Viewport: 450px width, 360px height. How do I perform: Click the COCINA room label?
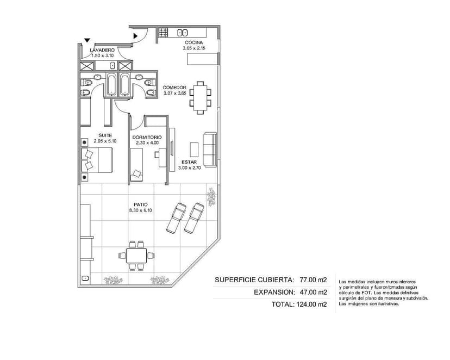(193, 43)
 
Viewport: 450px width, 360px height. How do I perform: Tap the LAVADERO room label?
(102, 50)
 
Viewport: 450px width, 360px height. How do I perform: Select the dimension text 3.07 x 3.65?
(175, 93)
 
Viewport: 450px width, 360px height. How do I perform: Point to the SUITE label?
(105, 135)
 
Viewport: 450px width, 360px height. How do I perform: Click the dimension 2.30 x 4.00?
(147, 142)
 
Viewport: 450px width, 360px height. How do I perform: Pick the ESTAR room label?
(189, 162)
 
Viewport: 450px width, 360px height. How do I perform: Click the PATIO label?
(141, 204)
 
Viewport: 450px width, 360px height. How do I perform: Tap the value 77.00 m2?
(313, 280)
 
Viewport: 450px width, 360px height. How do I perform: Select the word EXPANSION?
(274, 292)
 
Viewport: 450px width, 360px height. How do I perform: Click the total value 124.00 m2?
(311, 305)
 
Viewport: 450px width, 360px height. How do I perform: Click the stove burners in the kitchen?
(163, 32)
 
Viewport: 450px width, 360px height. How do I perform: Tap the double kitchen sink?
(182, 33)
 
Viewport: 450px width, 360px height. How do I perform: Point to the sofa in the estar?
(210, 149)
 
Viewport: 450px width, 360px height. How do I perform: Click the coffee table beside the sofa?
(194, 150)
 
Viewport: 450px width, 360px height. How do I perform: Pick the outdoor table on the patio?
(136, 256)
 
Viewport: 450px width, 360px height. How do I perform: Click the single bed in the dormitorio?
(136, 164)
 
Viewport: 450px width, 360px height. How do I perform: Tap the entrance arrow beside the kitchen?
(135, 36)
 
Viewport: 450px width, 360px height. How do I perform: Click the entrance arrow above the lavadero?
(87, 40)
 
